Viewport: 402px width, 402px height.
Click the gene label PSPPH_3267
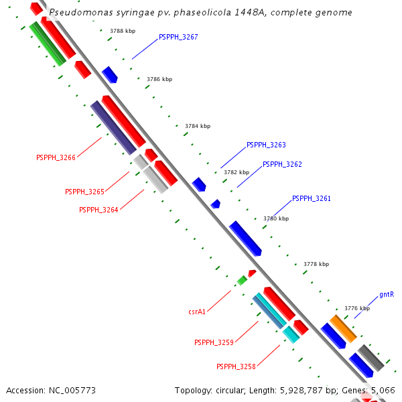(x=178, y=38)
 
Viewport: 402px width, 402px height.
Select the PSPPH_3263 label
(x=266, y=145)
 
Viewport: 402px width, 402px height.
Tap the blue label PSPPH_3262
(x=282, y=164)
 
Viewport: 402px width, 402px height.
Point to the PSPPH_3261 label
(x=312, y=198)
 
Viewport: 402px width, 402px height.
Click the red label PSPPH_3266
(x=56, y=158)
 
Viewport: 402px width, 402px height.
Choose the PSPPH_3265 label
(x=84, y=192)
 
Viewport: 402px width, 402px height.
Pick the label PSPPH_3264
(x=98, y=210)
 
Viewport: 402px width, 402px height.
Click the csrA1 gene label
(x=197, y=312)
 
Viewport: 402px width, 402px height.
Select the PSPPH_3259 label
(x=214, y=343)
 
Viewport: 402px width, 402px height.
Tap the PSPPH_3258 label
(x=236, y=366)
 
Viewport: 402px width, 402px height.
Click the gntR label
(x=386, y=294)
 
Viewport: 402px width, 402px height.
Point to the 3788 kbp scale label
(x=123, y=31)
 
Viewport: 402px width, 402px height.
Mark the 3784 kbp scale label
(x=198, y=126)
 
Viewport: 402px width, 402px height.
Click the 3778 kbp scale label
(x=316, y=264)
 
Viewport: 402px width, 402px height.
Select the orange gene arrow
(x=342, y=328)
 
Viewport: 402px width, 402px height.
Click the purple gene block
(x=113, y=127)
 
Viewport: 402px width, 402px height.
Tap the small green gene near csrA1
(x=242, y=280)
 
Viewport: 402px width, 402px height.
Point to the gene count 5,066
(x=383, y=389)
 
